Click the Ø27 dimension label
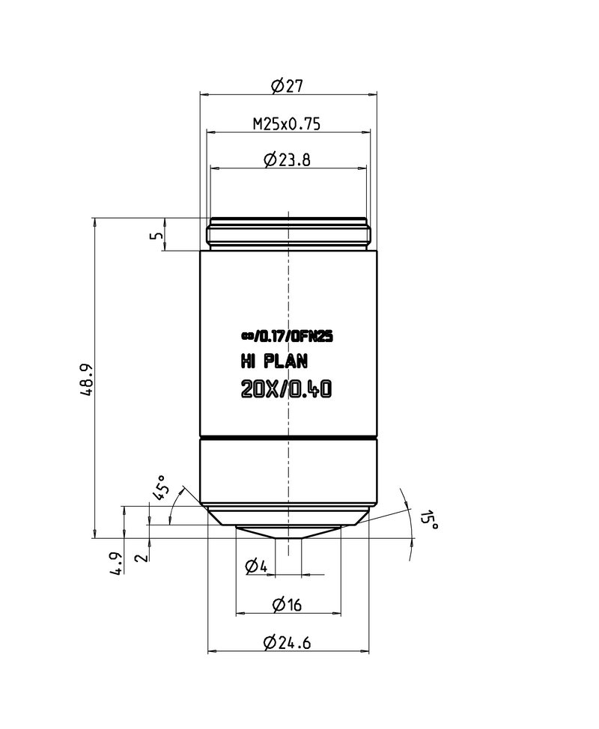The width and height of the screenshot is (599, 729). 288,86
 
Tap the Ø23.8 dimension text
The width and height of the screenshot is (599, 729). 288,159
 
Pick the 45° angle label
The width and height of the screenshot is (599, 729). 159,487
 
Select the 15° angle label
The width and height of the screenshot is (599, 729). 428,521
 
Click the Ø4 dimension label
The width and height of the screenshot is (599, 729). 256,567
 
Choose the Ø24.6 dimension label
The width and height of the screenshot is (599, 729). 288,642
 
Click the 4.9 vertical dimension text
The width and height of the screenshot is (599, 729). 116,562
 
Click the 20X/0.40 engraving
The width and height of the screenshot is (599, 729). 286,390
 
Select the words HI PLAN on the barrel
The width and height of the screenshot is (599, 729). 273,362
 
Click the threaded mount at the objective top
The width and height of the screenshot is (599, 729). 288,234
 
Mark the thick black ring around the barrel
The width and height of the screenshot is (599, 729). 288,437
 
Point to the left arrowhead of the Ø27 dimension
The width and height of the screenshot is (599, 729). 202,94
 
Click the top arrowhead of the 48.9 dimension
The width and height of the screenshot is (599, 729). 94,221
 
